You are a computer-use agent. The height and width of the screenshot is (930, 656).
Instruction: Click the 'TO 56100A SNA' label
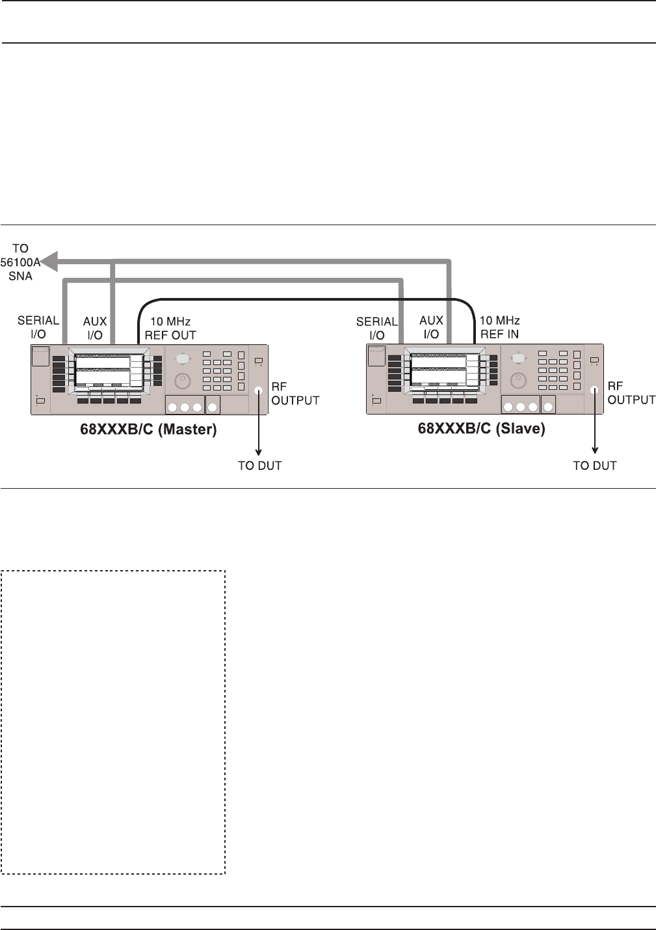20,262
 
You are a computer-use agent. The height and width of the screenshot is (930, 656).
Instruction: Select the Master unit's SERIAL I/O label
38,327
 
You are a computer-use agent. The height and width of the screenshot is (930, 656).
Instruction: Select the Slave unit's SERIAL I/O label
376,328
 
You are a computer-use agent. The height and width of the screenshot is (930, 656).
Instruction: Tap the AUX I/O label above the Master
95,328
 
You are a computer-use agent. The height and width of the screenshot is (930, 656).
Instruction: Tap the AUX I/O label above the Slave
431,327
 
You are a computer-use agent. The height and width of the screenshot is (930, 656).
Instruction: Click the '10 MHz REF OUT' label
170,329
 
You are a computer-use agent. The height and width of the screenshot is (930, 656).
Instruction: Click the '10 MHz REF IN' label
499,327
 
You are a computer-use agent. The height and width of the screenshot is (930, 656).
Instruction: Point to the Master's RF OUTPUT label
295,394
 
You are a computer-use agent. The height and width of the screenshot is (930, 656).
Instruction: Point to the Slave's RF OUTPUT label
631,393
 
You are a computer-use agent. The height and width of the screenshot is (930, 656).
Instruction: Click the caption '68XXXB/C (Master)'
154,430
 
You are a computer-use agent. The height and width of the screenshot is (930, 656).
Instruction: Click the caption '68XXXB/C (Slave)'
481,430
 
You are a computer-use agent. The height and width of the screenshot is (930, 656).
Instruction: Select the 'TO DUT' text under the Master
260,465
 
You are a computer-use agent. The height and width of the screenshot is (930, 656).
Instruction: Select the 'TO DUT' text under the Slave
595,465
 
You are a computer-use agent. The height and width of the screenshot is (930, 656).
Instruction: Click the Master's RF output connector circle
259,390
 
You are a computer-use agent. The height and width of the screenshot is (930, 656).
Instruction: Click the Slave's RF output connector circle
594,390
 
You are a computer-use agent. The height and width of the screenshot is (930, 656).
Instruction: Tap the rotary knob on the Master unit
183,379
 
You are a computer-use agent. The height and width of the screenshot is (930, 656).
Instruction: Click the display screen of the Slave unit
439,370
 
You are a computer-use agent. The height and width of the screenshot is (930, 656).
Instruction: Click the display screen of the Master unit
103,370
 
